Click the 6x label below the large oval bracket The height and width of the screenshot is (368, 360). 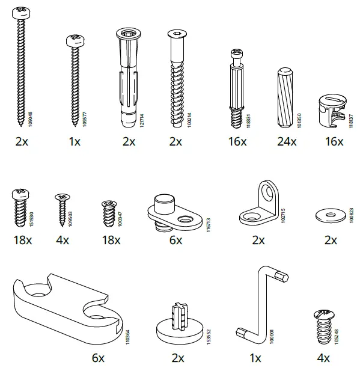[99, 358]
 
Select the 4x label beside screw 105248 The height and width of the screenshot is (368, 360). [325, 358]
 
